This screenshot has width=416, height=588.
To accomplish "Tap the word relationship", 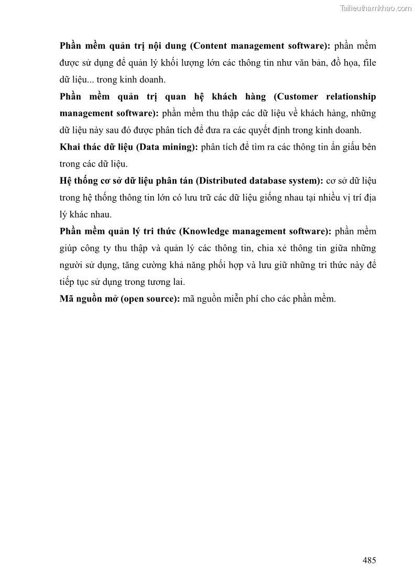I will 351,97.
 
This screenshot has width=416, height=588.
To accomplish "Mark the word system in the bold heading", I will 305,181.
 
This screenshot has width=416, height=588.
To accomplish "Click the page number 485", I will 369,560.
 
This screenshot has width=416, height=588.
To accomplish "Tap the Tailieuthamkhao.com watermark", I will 376,8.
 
